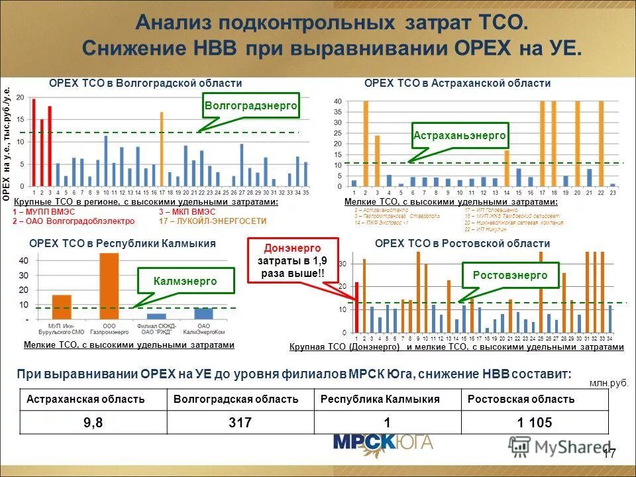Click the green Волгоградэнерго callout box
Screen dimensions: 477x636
[x=250, y=106]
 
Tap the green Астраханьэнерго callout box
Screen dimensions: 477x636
[x=460, y=135]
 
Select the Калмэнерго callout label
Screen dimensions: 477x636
[x=185, y=281]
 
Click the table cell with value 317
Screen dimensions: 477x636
[x=239, y=423]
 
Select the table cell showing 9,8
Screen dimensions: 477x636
[x=93, y=423]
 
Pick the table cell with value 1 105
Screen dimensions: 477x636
[x=534, y=423]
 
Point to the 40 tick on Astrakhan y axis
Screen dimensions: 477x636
[x=337, y=101]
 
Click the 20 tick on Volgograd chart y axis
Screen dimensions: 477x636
[x=20, y=98]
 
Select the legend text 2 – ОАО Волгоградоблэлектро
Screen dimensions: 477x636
[x=74, y=221]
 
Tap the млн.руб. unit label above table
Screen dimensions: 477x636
[x=608, y=382]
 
